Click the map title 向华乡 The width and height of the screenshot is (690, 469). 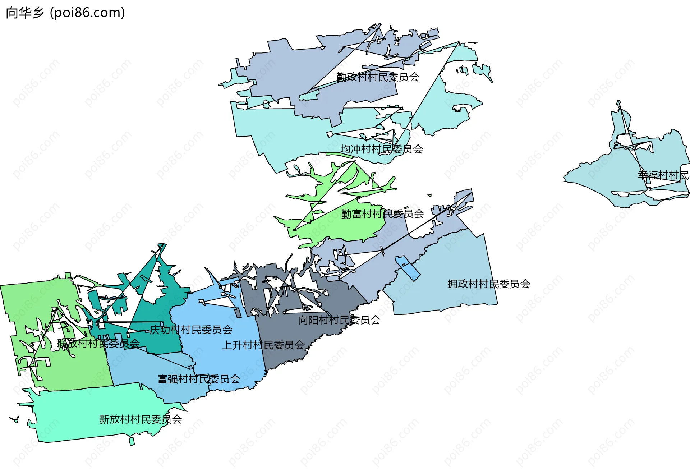(x=25, y=13)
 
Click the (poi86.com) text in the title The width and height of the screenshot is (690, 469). (x=88, y=13)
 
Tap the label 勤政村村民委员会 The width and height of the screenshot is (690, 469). (x=378, y=77)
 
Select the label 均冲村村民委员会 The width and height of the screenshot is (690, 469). (x=381, y=149)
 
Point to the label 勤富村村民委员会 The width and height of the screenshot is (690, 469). (x=382, y=214)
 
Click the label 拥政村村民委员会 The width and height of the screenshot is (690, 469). (x=488, y=284)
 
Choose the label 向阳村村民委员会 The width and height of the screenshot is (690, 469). (x=339, y=320)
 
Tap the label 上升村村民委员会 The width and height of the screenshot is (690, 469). (x=263, y=345)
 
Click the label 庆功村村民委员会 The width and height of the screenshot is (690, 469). (x=191, y=330)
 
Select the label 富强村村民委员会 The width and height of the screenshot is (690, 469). (x=199, y=379)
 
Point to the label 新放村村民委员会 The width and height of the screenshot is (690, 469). (x=141, y=419)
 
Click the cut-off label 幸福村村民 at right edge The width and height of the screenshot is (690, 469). (x=663, y=175)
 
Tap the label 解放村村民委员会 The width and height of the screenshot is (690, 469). (x=98, y=344)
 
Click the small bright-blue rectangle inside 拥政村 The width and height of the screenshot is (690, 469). (x=408, y=268)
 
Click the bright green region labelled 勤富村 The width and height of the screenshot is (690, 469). (x=352, y=226)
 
